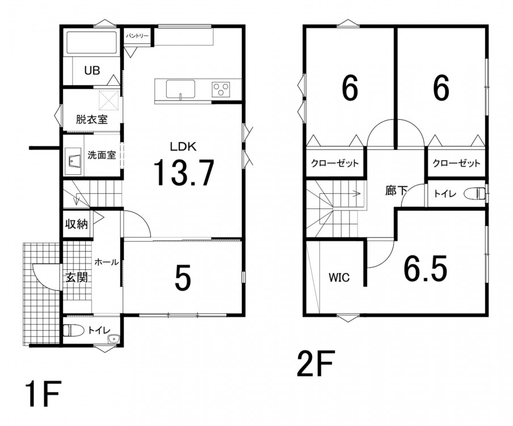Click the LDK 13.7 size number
pyautogui.click(x=183, y=173)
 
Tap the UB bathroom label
pyautogui.click(x=92, y=70)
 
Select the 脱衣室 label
pyautogui.click(x=91, y=119)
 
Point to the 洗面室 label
pyautogui.click(x=102, y=155)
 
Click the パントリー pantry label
pyautogui.click(x=137, y=35)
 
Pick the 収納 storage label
pyautogui.click(x=77, y=224)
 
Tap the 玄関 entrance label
pyautogui.click(x=77, y=278)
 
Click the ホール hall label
pyautogui.click(x=106, y=262)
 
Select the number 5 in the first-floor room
pyautogui.click(x=183, y=278)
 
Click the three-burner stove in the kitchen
pyautogui.click(x=221, y=89)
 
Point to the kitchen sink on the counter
pyautogui.click(x=180, y=89)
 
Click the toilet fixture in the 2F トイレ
pyautogui.click(x=474, y=194)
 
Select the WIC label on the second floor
pyautogui.click(x=339, y=278)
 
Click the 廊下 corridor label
pyautogui.click(x=396, y=191)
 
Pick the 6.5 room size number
pyautogui.click(x=426, y=269)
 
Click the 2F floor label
pyautogui.click(x=316, y=364)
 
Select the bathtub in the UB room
pyautogui.click(x=92, y=42)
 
